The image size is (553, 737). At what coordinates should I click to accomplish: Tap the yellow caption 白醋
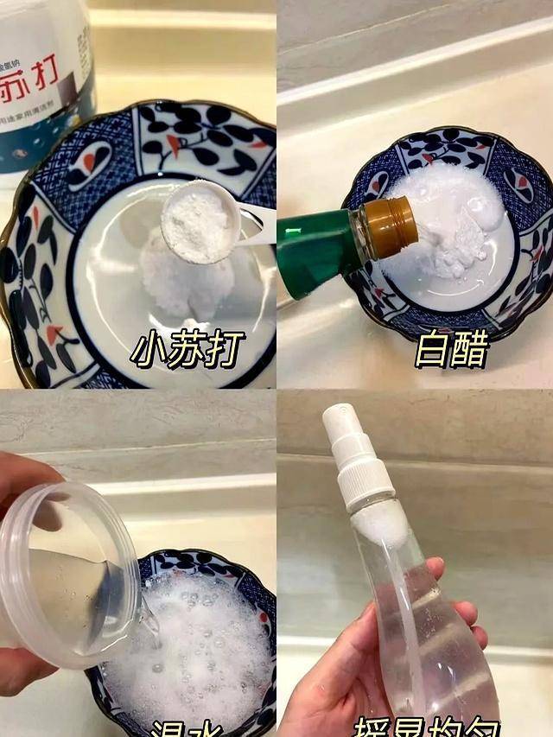pos(451,349)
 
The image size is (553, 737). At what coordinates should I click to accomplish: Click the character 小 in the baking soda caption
pos(149,349)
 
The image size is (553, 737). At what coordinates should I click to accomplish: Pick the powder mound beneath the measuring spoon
pos(190,276)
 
